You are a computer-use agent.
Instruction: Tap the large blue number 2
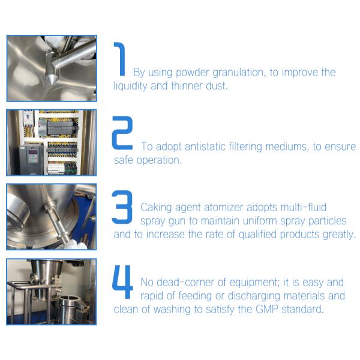pos(122,133)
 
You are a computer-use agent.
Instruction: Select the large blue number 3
pos(122,207)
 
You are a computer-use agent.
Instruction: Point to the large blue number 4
pos(122,282)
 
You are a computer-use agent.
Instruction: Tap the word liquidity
pos(130,86)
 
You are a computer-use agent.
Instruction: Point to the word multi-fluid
pos(304,207)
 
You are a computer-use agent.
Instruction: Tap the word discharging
pos(254,296)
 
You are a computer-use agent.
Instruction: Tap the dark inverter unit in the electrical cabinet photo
pos(31,159)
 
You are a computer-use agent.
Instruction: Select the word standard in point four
pos(302,309)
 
